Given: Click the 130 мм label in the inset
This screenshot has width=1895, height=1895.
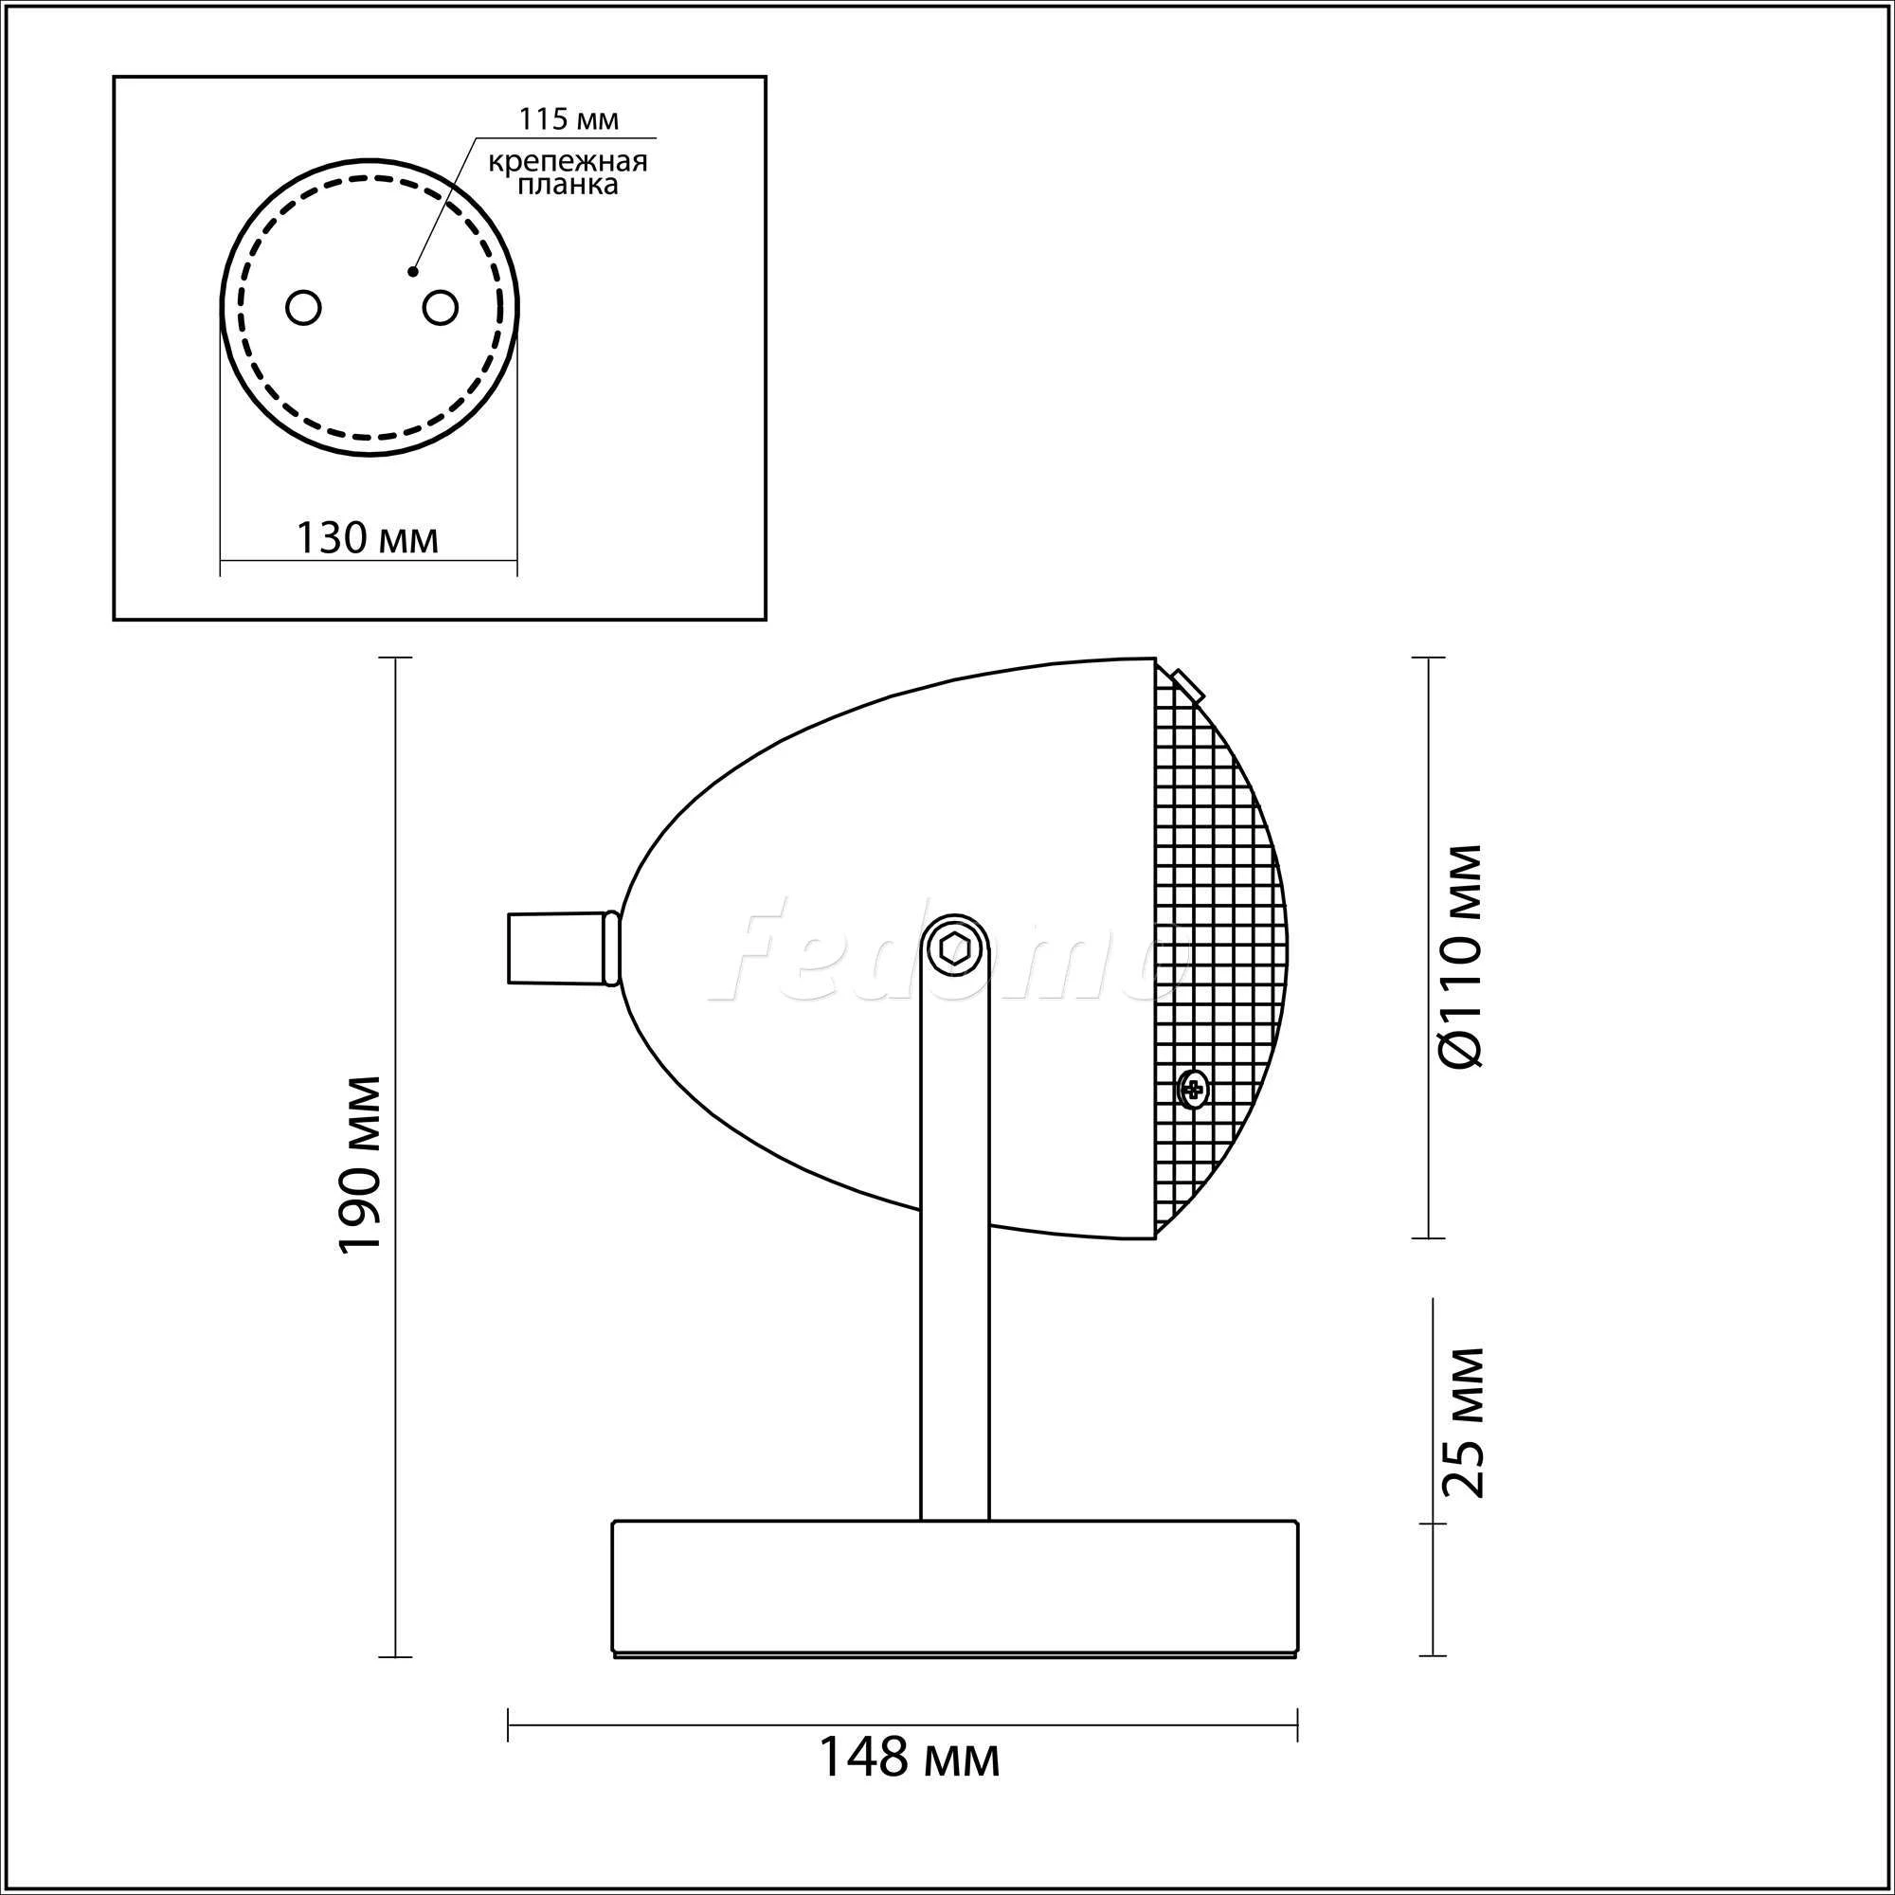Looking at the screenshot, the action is pos(367,537).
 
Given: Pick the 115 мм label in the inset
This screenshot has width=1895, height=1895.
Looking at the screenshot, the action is pos(568,119).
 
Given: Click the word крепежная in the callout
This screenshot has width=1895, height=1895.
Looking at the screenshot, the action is pos(568,161).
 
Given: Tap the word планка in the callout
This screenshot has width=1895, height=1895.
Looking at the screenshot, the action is pos(568,186).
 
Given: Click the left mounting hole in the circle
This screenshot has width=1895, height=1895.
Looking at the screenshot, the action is pos(304,307).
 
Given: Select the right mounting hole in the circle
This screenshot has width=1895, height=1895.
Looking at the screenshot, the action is pos(441,307).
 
